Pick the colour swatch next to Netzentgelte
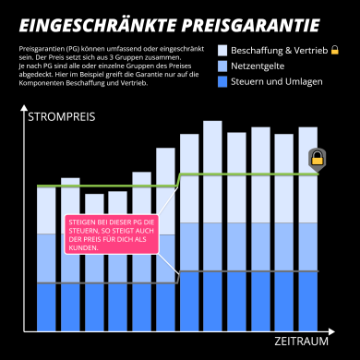tap(222, 67)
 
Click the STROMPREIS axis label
tap(61, 117)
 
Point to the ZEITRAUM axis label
tap(301, 342)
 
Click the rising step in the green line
tap(178, 180)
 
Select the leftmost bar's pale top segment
tap(46, 198)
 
